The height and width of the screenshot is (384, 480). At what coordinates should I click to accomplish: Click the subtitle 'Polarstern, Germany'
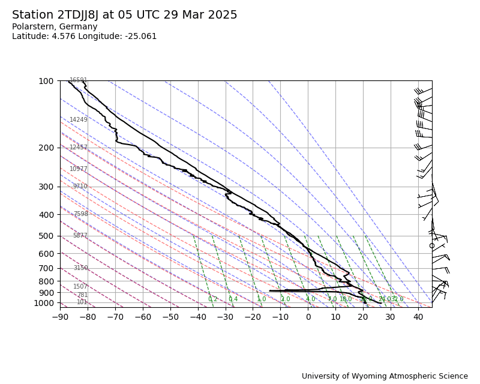coord(55,27)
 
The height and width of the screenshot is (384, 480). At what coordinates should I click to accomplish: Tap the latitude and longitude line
coord(84,37)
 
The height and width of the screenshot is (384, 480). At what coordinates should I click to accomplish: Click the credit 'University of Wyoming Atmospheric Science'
coord(385,376)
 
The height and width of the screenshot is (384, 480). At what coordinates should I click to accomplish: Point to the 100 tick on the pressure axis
coord(46,81)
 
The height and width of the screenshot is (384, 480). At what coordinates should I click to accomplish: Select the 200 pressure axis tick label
coord(46,148)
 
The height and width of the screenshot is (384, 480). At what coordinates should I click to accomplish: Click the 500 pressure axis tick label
coord(46,236)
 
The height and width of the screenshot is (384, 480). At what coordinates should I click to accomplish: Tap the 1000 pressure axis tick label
coord(44,303)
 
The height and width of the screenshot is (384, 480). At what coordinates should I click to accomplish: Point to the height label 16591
coord(79,80)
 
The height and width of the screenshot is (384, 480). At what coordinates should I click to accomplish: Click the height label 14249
coord(79,120)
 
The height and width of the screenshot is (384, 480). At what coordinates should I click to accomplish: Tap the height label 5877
coord(80,236)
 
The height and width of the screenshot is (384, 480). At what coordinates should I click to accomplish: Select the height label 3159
coord(80,268)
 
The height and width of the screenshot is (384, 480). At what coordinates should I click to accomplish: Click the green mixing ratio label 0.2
coord(213,299)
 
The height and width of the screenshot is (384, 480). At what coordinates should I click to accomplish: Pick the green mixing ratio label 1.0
coord(262,299)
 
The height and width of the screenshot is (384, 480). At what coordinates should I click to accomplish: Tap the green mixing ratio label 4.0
coord(310,299)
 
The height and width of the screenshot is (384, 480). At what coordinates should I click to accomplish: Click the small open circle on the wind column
coord(432,245)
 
